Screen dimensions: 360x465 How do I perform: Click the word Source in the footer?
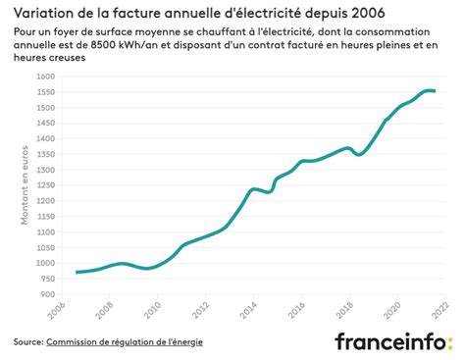pyautogui.click(x=26, y=342)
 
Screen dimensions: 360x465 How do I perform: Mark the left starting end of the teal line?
pyautogui.click(x=77, y=272)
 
